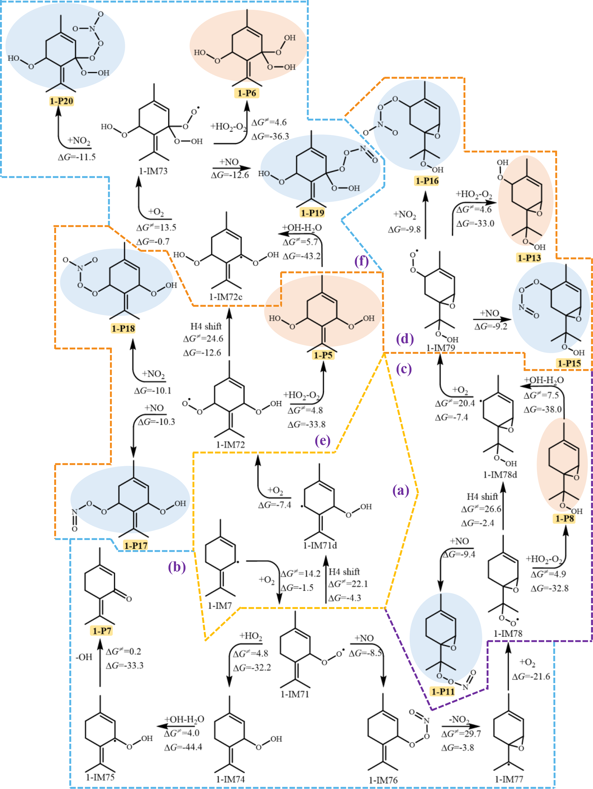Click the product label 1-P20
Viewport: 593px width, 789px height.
[x=61, y=101]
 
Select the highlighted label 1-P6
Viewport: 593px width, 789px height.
[x=247, y=94]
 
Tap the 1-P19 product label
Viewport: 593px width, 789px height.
[x=312, y=213]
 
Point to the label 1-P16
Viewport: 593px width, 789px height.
[x=427, y=181]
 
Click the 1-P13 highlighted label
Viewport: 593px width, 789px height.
[x=529, y=258]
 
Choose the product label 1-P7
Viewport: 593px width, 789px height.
[x=102, y=631]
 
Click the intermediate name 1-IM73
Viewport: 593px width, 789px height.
[x=153, y=171]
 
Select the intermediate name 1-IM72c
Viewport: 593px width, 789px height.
[x=226, y=297]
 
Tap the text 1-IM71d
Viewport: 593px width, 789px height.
[x=320, y=545]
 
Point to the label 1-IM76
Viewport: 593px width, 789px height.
[x=383, y=780]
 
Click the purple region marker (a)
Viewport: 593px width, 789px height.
[x=400, y=491]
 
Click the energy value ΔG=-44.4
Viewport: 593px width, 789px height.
[x=183, y=747]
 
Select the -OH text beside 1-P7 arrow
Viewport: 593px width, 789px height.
[x=84, y=657]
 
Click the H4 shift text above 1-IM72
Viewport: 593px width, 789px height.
[x=206, y=326]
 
